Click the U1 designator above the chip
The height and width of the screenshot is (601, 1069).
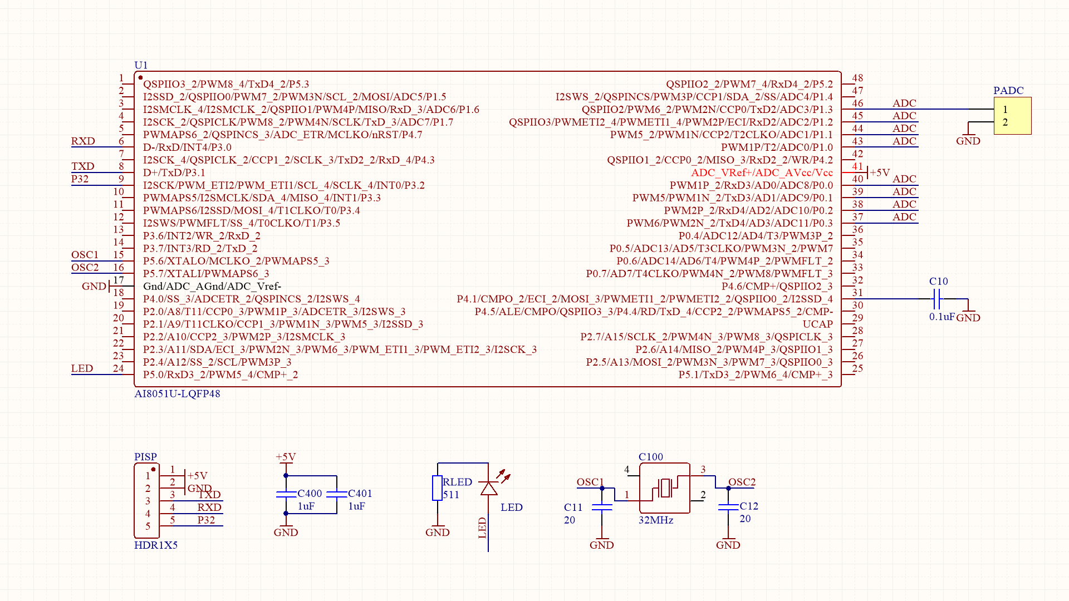coord(141,65)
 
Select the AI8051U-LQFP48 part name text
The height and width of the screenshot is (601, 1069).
coord(177,393)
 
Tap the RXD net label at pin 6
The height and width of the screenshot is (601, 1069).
coord(83,141)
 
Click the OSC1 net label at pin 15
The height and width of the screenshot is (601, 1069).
coord(85,254)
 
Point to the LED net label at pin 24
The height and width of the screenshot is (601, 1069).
coord(82,368)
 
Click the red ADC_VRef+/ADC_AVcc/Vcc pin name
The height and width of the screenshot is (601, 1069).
coord(762,173)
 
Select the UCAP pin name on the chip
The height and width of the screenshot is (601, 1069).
coord(817,324)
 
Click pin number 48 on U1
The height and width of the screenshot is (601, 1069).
coord(857,78)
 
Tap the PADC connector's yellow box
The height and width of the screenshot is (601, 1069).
coord(1012,116)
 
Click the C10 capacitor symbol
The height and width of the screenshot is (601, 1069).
coord(936,301)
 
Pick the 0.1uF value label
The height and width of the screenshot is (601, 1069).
coord(941,317)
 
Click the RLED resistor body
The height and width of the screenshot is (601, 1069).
coord(437,488)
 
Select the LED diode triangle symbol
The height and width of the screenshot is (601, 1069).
coord(488,489)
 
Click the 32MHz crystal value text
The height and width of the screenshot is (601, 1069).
coord(656,520)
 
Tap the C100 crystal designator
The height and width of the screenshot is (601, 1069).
coord(650,457)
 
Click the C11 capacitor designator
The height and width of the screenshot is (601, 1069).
coord(573,507)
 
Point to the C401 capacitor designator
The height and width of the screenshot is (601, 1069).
coord(360,494)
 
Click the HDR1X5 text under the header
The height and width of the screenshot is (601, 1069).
coord(156,545)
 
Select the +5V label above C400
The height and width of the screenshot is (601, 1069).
coord(286,457)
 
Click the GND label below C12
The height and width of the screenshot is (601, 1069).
coord(728,545)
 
